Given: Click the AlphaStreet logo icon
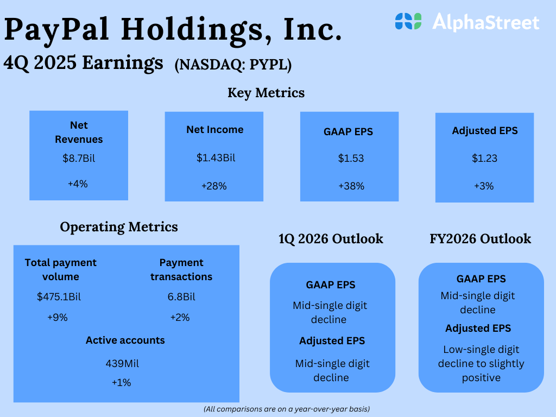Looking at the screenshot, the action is (x=408, y=21).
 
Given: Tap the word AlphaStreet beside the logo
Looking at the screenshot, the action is (x=486, y=22).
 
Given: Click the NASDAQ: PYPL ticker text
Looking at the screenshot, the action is (x=233, y=65).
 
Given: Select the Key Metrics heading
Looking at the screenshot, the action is (x=266, y=93).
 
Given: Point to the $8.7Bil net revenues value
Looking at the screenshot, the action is (x=79, y=158).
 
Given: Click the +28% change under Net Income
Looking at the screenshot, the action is (x=214, y=186).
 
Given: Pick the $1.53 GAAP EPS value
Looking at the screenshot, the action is (x=351, y=158).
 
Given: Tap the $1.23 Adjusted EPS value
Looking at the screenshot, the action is (x=484, y=158).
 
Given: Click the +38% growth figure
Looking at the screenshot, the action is (x=351, y=186).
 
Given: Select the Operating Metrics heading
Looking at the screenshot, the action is (x=119, y=227).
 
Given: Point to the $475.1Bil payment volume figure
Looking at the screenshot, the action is (x=59, y=296).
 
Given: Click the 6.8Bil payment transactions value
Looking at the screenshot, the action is (x=181, y=296).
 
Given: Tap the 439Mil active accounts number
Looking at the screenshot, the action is (x=122, y=363).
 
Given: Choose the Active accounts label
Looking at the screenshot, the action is (x=125, y=340).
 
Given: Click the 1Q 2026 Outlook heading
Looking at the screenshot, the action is (x=331, y=239).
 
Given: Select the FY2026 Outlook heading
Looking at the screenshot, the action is (x=481, y=239).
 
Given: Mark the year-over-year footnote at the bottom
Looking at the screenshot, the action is (x=287, y=409).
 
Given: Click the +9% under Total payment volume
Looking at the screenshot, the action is (x=58, y=317).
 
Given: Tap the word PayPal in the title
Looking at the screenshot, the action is (x=56, y=30).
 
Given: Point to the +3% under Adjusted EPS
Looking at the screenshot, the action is (x=484, y=186).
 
